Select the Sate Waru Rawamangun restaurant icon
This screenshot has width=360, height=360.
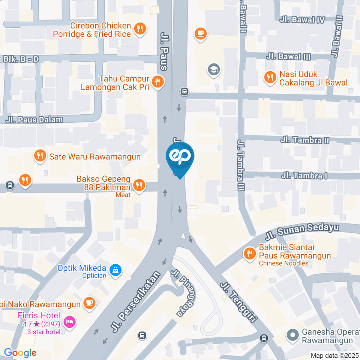(x=39, y=156)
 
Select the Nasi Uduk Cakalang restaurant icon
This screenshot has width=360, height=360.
(x=269, y=78)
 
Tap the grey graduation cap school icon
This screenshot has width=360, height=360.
(x=214, y=69)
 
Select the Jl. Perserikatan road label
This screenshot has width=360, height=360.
(x=136, y=302)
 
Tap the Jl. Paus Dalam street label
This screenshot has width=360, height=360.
(x=34, y=120)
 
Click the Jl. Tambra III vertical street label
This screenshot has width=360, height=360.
(x=240, y=165)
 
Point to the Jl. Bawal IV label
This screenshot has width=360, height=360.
(x=302, y=20)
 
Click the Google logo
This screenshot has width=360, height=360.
(x=20, y=352)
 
